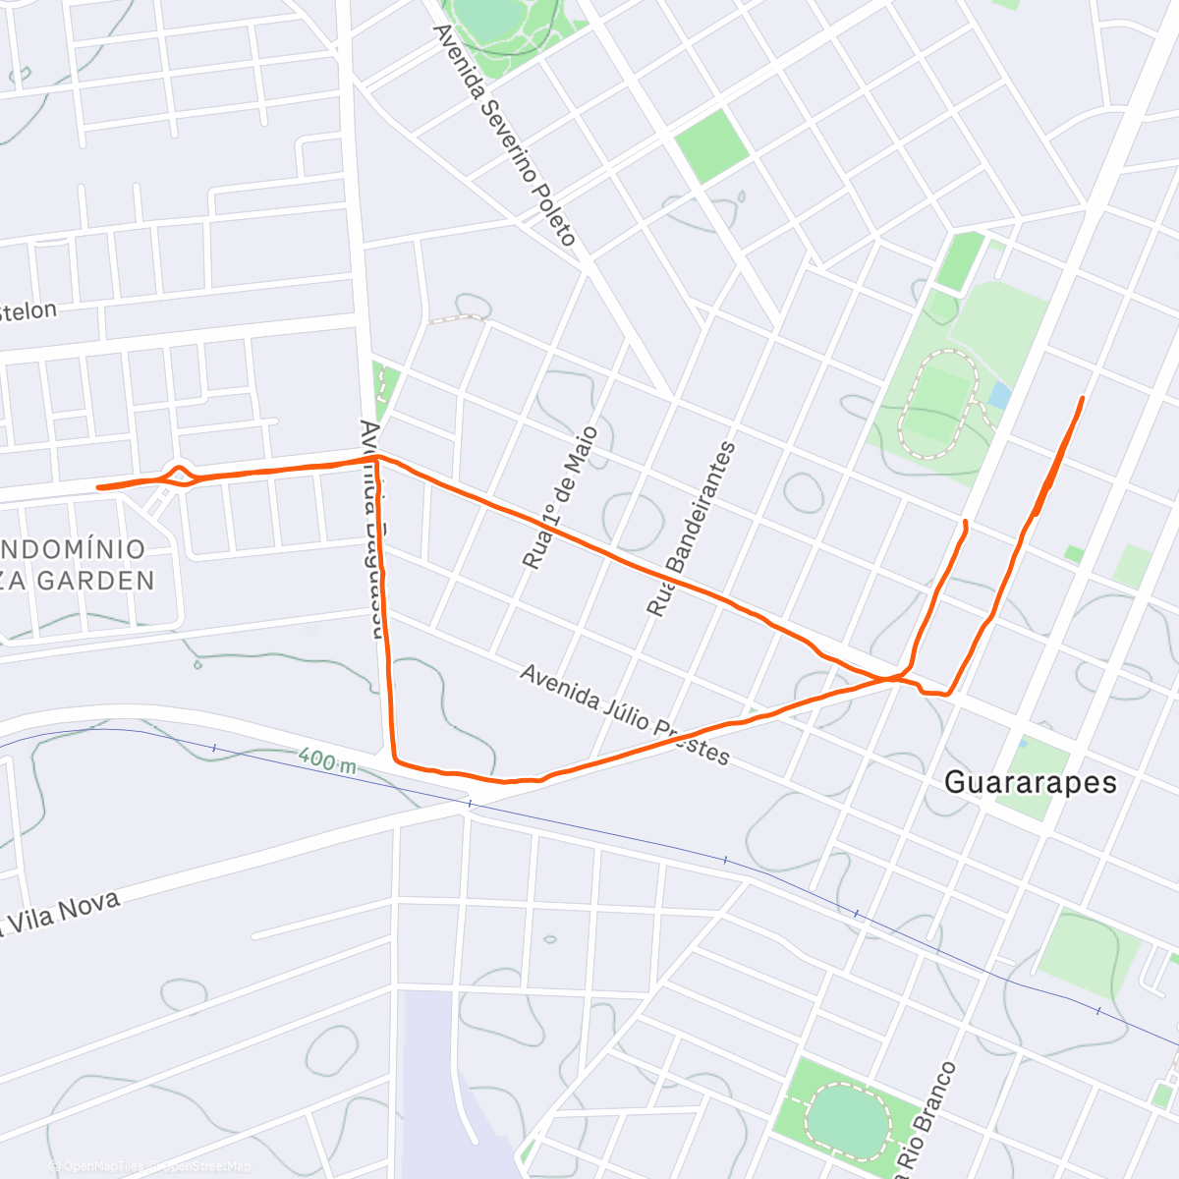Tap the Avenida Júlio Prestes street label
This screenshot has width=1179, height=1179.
click(625, 714)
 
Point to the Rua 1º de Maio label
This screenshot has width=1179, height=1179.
click(560, 498)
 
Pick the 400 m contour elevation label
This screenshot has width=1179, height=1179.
click(327, 759)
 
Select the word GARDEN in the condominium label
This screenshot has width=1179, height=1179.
click(95, 581)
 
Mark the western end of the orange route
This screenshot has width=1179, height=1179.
click(99, 487)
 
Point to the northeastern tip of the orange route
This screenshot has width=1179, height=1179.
click(1082, 398)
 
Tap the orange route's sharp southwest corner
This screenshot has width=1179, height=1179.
click(395, 758)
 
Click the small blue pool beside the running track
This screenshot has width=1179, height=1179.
click(999, 396)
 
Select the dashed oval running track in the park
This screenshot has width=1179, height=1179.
click(938, 405)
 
